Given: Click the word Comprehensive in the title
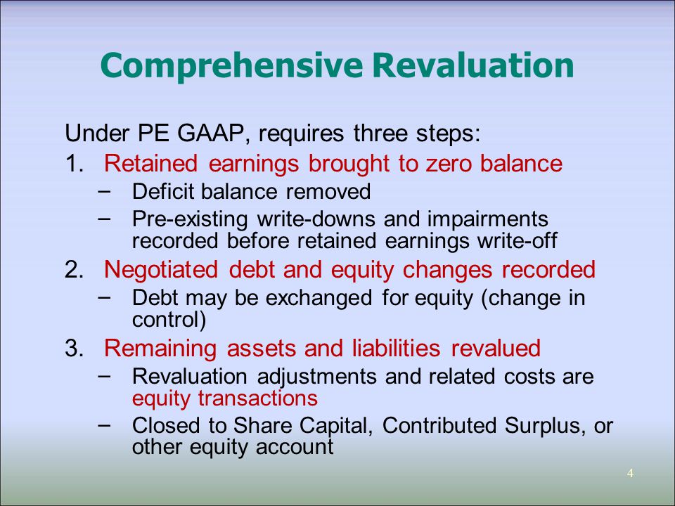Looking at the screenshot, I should tap(231, 65).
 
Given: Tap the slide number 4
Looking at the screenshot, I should tap(630, 473).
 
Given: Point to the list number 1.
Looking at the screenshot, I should tap(73, 164).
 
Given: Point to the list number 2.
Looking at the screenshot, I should tap(73, 270).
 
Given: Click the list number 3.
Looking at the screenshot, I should tap(73, 348).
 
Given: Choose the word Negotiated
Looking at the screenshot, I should tap(166, 270).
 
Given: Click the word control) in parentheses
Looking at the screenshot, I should tap(169, 319).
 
